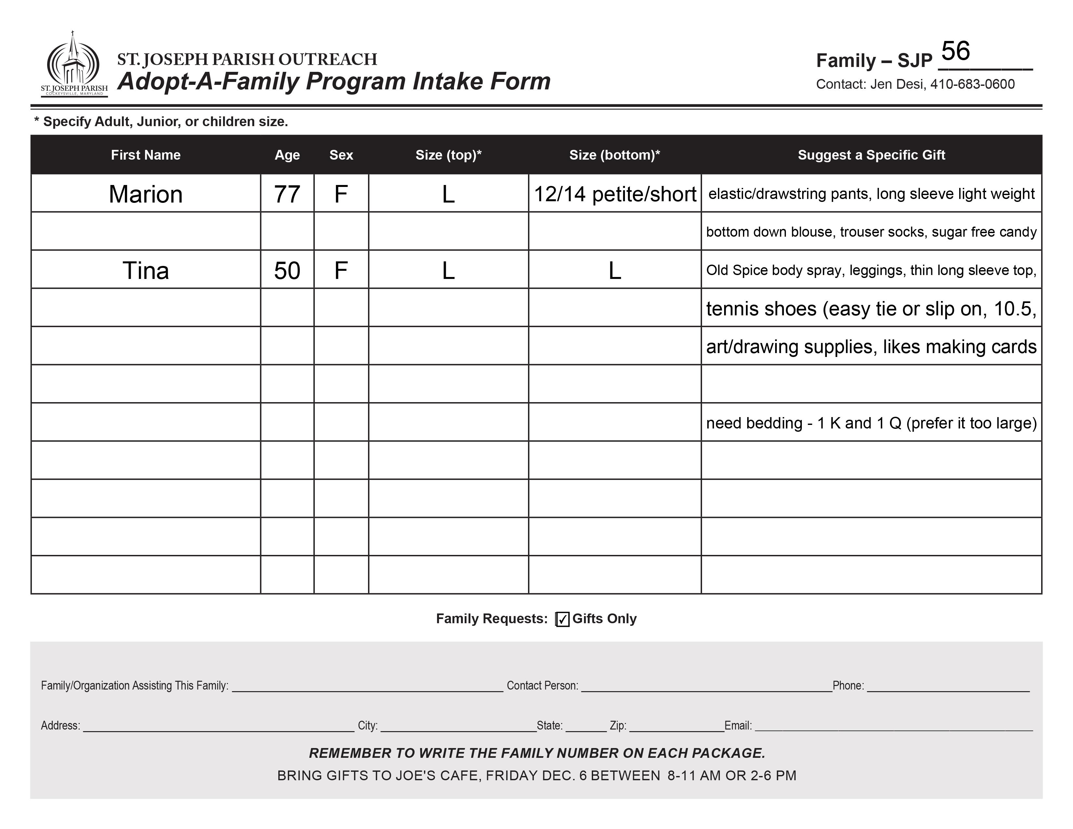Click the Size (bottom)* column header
pyautogui.click(x=614, y=155)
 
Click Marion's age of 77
pyautogui.click(x=287, y=194)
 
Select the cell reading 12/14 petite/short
pyautogui.click(x=614, y=194)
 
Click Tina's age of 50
pyautogui.click(x=287, y=270)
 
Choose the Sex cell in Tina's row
pyautogui.click(x=341, y=270)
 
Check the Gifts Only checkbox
pyautogui.click(x=563, y=619)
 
